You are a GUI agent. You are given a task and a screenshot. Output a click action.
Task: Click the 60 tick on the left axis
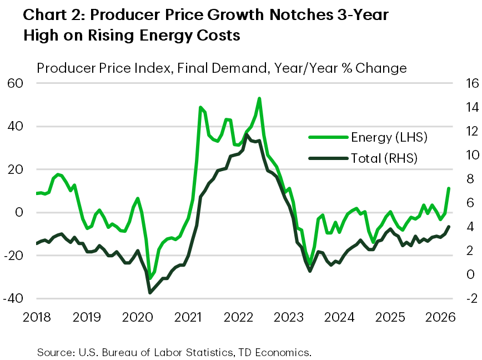coord(15,83)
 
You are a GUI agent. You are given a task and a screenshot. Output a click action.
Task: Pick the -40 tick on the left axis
coord(13,298)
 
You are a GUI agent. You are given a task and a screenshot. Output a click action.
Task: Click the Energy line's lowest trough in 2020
coord(150,278)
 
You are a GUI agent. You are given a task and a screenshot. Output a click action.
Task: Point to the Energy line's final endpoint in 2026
coord(449,188)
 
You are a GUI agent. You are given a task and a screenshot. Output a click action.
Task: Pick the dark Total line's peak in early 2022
coord(247,134)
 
